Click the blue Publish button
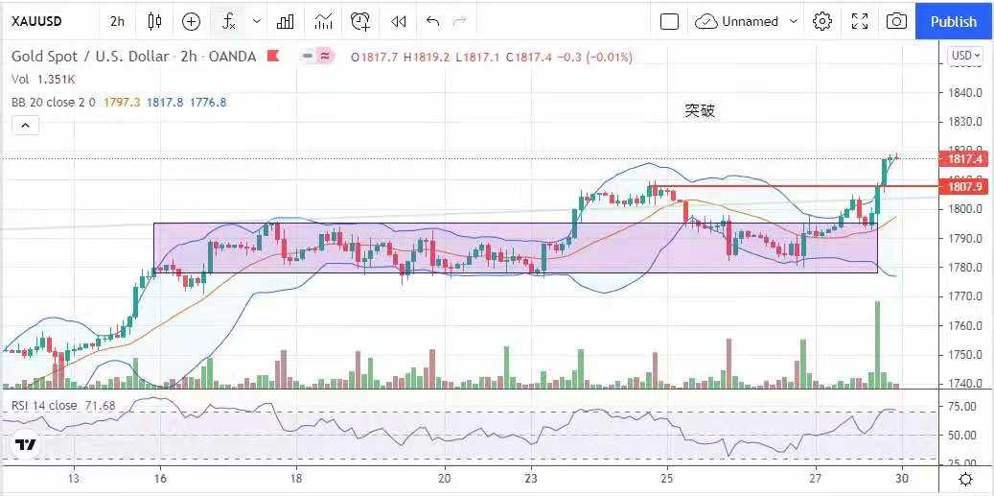(953, 21)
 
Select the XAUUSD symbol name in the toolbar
(36, 21)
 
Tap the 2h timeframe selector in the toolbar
(117, 21)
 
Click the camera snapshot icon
(896, 21)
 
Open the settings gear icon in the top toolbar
(821, 21)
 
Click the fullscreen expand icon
(860, 21)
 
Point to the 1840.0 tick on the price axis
(966, 93)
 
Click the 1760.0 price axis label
(966, 325)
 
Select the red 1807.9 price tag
(965, 186)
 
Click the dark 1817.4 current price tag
(965, 159)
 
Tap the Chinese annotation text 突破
(700, 111)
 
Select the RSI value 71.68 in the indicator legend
(99, 406)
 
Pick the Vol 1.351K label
(43, 80)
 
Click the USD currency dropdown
(965, 56)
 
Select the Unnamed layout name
(751, 21)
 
